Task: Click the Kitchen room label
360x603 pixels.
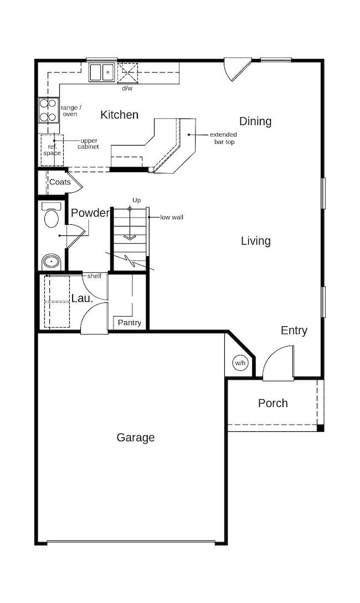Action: point(119,115)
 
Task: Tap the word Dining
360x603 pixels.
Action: point(255,121)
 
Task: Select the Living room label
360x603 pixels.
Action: point(256,241)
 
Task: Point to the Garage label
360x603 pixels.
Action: point(136,437)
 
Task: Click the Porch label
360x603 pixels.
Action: point(273,403)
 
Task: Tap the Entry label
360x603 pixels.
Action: point(294,331)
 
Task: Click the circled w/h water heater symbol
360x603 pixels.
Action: point(240,363)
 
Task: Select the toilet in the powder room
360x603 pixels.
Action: point(51,215)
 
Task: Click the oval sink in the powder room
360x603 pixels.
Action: point(51,262)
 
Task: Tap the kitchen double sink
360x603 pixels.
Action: point(102,73)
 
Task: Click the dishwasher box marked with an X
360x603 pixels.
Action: point(128,73)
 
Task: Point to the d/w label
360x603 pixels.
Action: point(127,89)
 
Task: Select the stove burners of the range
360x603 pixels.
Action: point(49,110)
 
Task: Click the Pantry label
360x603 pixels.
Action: point(130,323)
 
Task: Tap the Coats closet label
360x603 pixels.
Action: point(60,182)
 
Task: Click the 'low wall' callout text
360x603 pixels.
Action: point(172,218)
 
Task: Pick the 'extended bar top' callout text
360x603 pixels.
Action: point(223,138)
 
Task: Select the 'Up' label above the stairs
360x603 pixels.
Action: point(137,200)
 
